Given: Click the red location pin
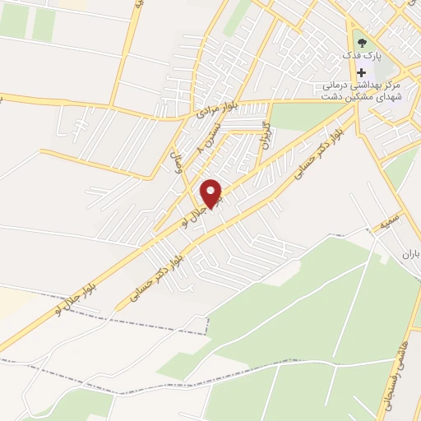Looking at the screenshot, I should [212, 193].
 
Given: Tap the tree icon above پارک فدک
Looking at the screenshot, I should [362, 41].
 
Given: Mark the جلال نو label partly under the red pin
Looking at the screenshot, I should [196, 213].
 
